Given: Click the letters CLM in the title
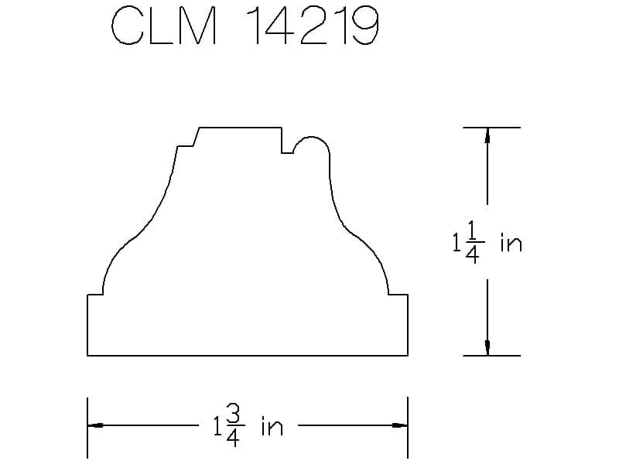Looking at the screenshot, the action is [164, 26].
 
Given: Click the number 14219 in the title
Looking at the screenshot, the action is [312, 26].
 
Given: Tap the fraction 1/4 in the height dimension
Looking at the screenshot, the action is [473, 242].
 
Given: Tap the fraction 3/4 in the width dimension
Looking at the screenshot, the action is [234, 426].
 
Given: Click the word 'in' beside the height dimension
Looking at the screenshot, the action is [511, 243].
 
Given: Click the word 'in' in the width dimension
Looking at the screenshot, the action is [272, 426].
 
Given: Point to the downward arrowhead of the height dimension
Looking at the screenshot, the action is [487, 348].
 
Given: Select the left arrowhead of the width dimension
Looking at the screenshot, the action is [95, 425].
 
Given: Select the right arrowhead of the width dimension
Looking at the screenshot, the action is [400, 425].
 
